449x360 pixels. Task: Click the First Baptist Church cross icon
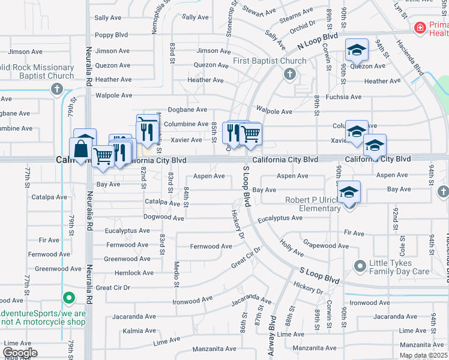(x=290, y=74)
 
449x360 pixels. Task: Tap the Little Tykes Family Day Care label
(x=399, y=266)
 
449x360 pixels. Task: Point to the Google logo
(x=20, y=352)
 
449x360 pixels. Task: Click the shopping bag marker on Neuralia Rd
(x=80, y=148)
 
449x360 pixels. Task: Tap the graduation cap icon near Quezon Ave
(x=357, y=50)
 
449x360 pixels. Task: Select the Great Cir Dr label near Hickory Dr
(x=247, y=259)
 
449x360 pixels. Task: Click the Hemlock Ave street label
(x=135, y=273)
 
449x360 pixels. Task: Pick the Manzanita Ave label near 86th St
(x=214, y=349)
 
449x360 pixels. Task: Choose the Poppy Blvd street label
(x=112, y=35)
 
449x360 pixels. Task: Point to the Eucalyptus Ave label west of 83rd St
(x=127, y=230)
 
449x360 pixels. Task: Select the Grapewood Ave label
(x=326, y=245)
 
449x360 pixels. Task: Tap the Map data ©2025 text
(x=423, y=355)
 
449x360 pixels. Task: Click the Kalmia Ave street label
(x=139, y=331)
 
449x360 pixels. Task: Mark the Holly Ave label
(x=292, y=245)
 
